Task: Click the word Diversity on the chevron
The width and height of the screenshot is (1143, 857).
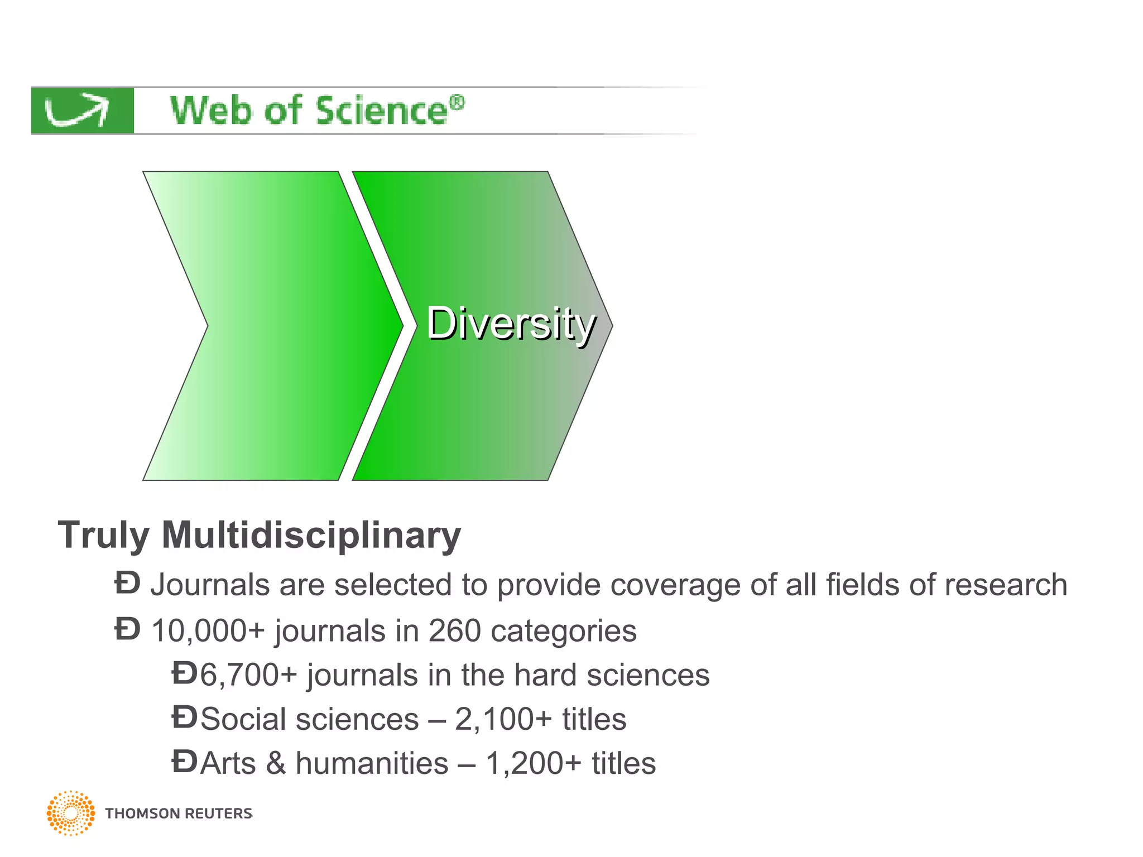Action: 511,324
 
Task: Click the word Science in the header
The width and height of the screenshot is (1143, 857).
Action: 382,110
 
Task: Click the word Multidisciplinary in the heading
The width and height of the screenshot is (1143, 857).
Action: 311,535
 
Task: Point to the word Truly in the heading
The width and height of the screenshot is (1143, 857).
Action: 103,535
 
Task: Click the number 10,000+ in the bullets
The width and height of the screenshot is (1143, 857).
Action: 207,631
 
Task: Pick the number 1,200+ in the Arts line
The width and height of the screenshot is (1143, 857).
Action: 534,763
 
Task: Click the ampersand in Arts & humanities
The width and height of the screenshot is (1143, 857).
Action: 276,763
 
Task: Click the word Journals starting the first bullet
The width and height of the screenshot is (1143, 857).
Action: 210,585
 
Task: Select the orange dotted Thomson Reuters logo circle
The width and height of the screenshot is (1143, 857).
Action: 71,813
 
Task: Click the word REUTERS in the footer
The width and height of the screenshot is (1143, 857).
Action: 218,813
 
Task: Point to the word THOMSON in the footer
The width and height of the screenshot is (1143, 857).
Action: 142,813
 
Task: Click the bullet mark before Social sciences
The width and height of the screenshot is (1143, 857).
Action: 184,718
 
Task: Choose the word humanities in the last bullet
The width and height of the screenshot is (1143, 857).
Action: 372,763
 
